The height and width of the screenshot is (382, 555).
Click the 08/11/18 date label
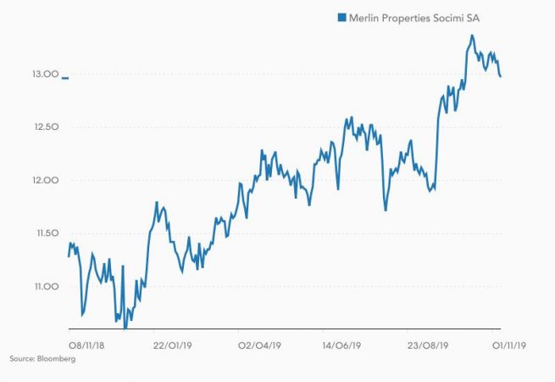(86, 345)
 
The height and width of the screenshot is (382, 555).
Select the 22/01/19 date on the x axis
(170, 345)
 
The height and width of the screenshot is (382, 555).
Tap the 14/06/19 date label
(342, 345)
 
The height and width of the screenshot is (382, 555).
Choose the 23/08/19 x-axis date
(425, 345)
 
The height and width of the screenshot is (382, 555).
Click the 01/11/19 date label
(509, 345)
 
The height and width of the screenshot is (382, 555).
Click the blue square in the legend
(341, 16)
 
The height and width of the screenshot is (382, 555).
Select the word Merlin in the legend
(364, 16)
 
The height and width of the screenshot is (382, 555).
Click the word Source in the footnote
(21, 360)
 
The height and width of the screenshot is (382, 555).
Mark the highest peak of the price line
(472, 36)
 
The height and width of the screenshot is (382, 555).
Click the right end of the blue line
(501, 77)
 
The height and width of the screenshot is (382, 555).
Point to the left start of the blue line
(69, 256)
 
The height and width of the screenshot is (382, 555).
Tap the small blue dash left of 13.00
(66, 77)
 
